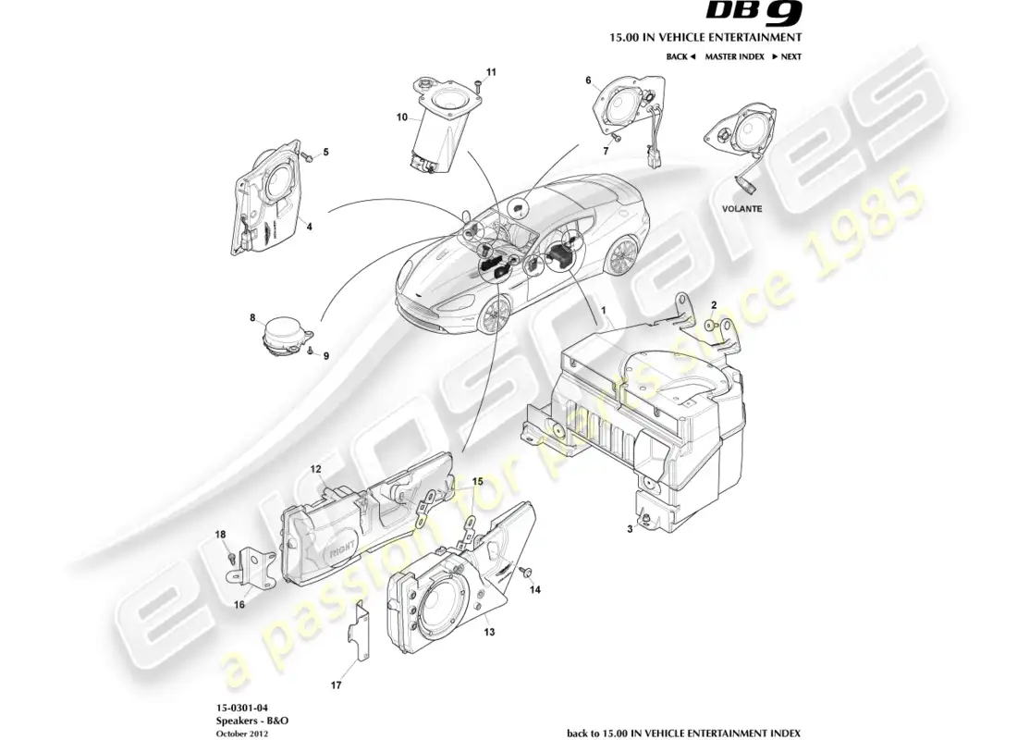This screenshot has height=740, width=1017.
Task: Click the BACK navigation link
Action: (x=680, y=57)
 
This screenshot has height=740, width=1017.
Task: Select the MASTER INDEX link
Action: (x=734, y=57)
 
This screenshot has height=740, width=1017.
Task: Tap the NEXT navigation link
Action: (x=787, y=57)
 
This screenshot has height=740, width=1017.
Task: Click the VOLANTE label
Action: (x=741, y=209)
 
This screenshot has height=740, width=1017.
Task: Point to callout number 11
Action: (x=491, y=71)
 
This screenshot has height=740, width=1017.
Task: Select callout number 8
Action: (x=252, y=318)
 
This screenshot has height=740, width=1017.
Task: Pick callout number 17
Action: (x=337, y=685)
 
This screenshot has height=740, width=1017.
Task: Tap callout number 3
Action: (x=630, y=529)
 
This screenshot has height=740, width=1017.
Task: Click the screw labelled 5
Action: (x=309, y=157)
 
